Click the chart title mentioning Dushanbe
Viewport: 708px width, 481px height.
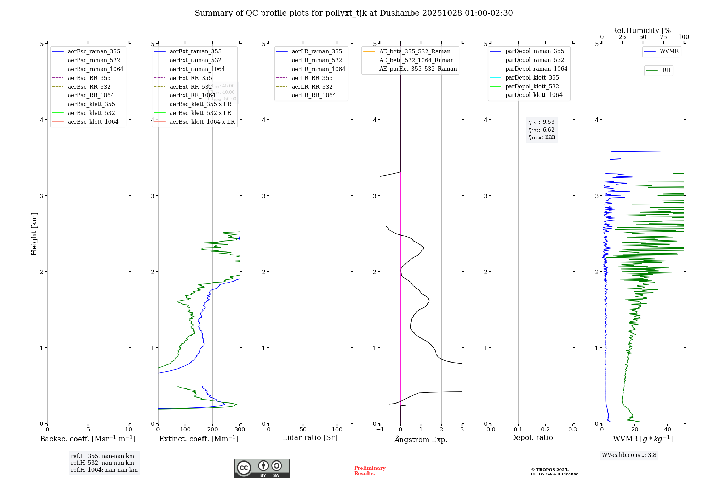coord(354,13)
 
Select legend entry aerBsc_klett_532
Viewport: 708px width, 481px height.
coord(91,113)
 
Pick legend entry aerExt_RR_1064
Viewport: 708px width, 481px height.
coord(192,95)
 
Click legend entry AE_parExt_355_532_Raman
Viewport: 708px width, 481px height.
coord(418,69)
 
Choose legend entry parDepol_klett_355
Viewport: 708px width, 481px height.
coord(532,77)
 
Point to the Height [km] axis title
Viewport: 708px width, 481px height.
coord(34,233)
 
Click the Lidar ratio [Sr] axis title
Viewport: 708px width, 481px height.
coord(310,437)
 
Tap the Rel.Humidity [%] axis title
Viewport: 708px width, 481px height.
coord(643,30)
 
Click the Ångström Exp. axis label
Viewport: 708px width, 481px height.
coord(421,439)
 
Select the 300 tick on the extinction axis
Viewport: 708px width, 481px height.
coord(240,429)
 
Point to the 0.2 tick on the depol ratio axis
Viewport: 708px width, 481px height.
coord(546,429)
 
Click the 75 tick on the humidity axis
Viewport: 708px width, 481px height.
coord(663,37)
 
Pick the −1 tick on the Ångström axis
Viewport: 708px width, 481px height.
coord(380,429)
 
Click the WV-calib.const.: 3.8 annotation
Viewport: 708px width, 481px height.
coord(629,455)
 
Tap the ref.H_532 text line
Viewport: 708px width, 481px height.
coord(102,463)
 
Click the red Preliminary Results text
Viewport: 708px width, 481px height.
coord(370,471)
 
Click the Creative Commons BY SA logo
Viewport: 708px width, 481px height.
coord(262,468)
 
